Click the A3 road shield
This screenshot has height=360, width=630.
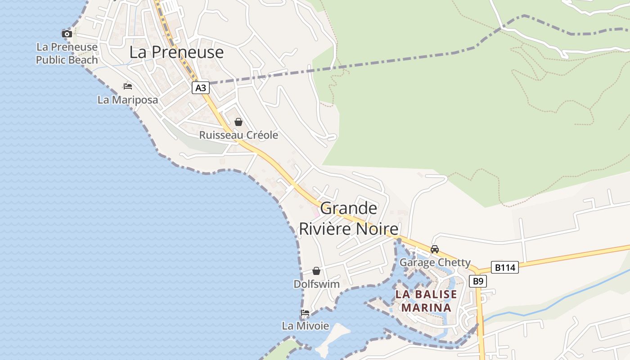(x=201, y=87)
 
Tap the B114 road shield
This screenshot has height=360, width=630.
(x=504, y=267)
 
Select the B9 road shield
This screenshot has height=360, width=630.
(x=478, y=281)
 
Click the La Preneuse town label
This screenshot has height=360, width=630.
(x=176, y=52)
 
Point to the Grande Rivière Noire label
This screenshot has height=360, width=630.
(x=349, y=219)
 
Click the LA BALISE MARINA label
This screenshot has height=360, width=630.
(x=426, y=301)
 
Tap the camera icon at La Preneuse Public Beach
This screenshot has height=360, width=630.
(x=67, y=34)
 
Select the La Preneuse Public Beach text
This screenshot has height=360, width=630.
(x=67, y=53)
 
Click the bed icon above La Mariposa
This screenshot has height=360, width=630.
(x=128, y=86)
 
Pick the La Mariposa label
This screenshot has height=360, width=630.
(x=128, y=99)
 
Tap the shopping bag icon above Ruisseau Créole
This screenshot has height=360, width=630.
(x=238, y=122)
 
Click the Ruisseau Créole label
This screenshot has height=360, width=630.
(x=238, y=135)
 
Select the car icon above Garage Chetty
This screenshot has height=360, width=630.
(x=435, y=249)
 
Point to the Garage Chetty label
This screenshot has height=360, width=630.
(x=435, y=262)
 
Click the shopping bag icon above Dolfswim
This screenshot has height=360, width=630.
(x=316, y=271)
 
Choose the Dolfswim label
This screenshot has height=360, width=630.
(x=316, y=284)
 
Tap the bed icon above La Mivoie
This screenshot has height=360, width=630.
(x=305, y=312)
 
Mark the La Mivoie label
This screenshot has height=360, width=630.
(x=305, y=325)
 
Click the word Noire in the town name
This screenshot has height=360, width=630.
(x=377, y=229)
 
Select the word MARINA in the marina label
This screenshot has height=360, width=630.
(x=426, y=307)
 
